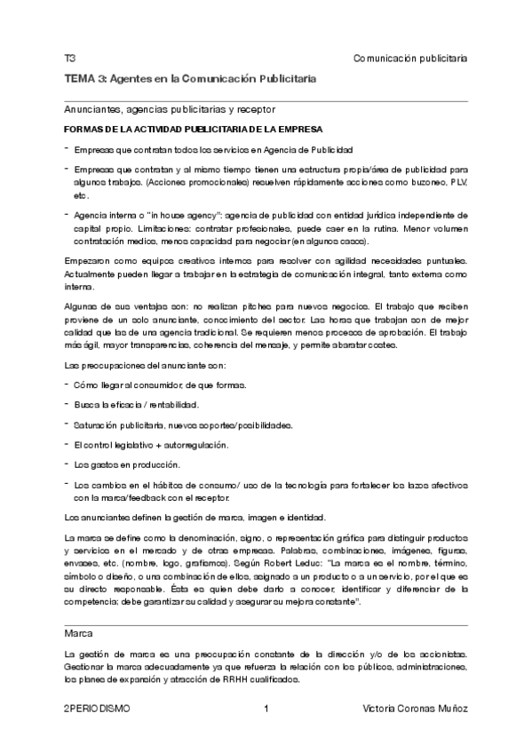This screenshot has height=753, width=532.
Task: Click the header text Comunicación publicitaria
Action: [x=410, y=58]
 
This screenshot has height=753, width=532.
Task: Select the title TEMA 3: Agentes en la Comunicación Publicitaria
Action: [x=190, y=79]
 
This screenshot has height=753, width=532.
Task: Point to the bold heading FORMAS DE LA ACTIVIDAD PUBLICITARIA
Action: [x=187, y=130]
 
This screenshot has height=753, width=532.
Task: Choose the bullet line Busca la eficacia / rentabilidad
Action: [x=130, y=405]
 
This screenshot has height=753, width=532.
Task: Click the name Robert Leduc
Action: [x=298, y=564]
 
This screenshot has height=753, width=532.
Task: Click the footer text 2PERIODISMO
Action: [x=97, y=709]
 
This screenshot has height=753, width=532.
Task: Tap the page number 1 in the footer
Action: [x=266, y=709]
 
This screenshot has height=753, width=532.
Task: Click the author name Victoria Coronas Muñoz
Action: [x=416, y=709]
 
